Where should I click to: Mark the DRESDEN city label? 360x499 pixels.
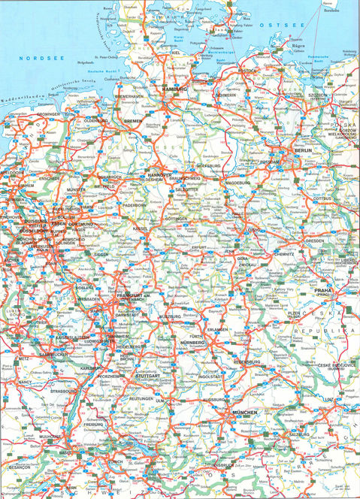click(x=313, y=241)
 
